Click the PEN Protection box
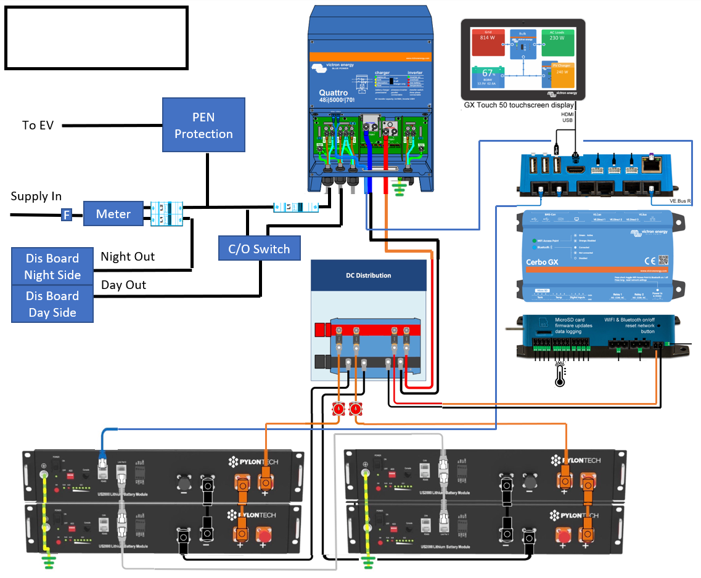click(x=203, y=125)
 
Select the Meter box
click(x=113, y=214)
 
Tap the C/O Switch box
click(x=259, y=249)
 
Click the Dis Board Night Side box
click(x=52, y=266)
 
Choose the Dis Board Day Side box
click(x=52, y=304)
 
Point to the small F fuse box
click(x=66, y=215)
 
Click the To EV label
click(x=38, y=126)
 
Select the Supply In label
click(x=36, y=197)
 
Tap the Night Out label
click(x=128, y=256)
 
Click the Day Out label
click(x=123, y=285)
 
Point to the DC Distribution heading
click(x=368, y=275)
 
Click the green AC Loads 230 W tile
click(x=557, y=43)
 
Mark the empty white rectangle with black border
click(x=96, y=38)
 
